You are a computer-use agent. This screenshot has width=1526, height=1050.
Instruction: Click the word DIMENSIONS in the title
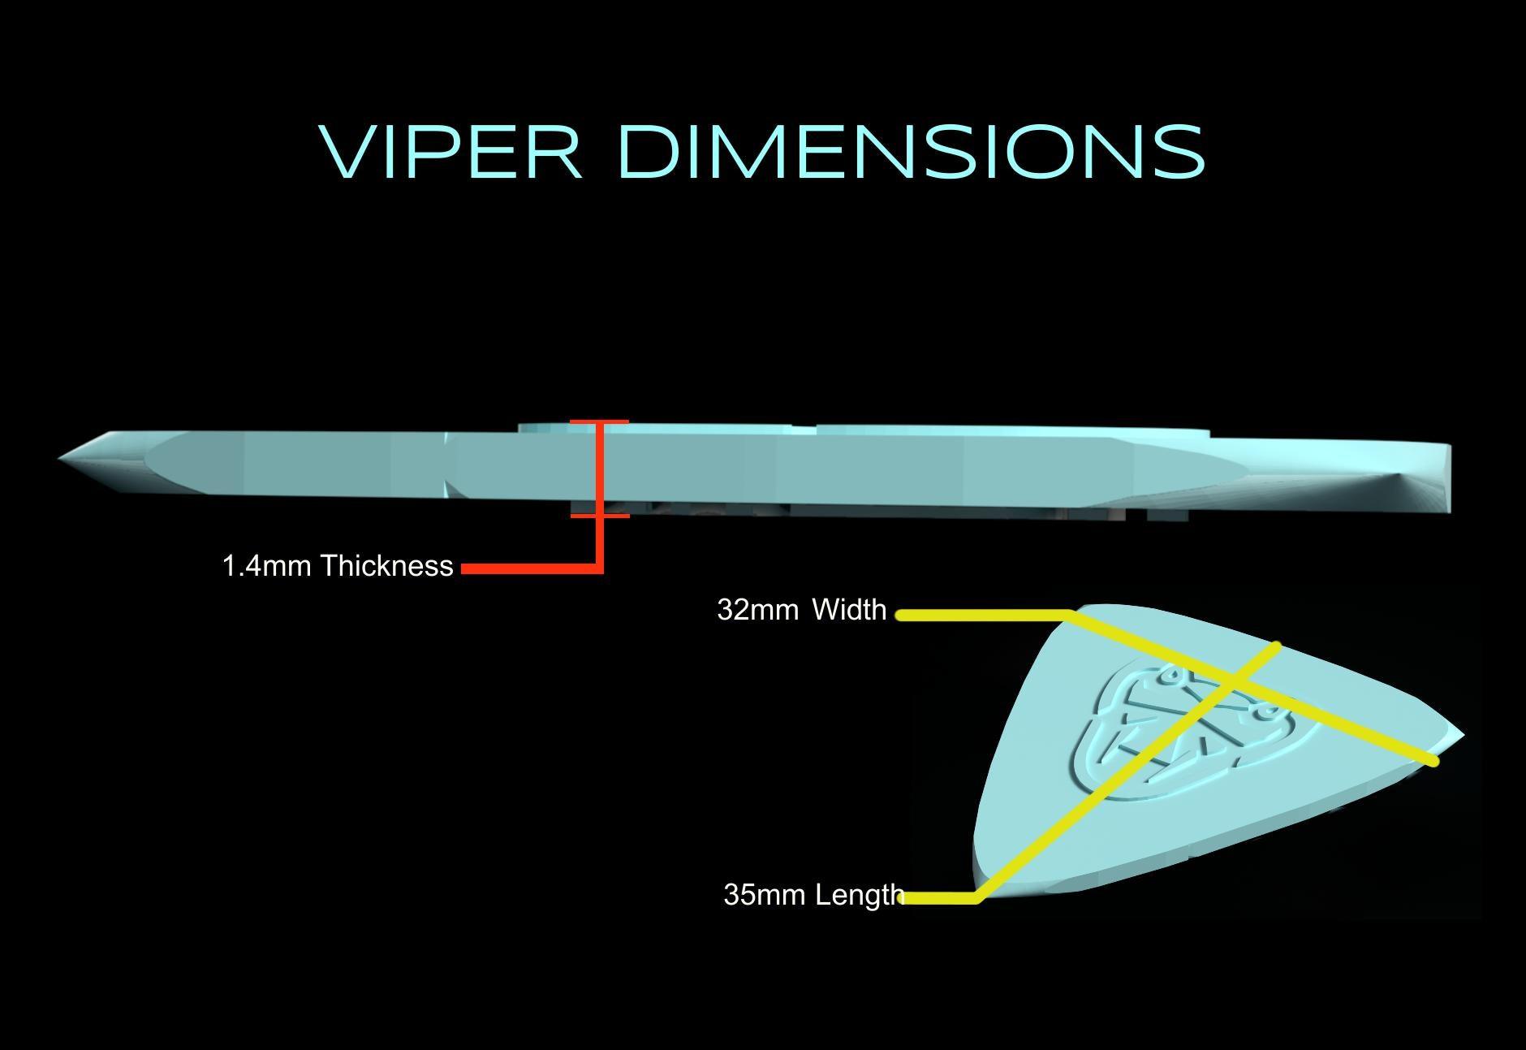click(x=911, y=152)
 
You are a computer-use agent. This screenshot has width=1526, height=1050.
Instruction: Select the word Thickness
click(x=386, y=566)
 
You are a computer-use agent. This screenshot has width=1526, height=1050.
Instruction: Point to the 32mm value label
click(x=757, y=609)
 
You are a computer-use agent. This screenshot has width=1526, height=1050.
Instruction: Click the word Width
click(x=849, y=609)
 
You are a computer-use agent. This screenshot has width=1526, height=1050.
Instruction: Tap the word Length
click(x=860, y=895)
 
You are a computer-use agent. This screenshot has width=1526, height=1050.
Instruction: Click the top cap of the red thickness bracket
click(x=599, y=422)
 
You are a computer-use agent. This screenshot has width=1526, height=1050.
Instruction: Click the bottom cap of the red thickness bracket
click(x=599, y=516)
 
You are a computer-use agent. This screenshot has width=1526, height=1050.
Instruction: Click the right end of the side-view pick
click(x=1448, y=479)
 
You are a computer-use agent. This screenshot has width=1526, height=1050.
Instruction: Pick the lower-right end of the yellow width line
click(x=1433, y=761)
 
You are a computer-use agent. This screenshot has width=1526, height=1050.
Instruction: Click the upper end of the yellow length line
click(x=1277, y=646)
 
